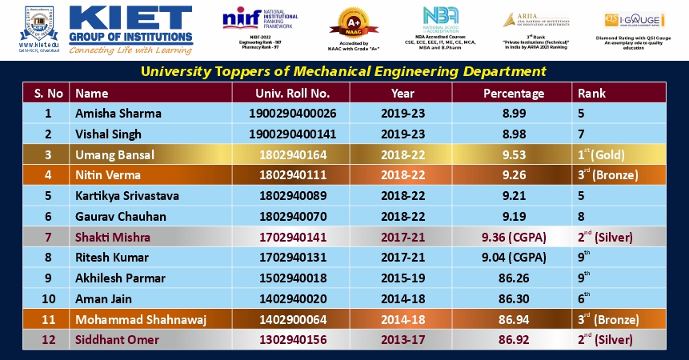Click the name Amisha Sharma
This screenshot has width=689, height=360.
coord(118,114)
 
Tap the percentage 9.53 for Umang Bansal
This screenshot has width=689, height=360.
coord(514,154)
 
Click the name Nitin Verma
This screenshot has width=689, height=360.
coord(109,175)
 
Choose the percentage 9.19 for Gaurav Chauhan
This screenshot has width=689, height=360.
coord(514,216)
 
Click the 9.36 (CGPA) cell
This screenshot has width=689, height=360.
coord(514,237)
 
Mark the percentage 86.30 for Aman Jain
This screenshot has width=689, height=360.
coord(514,299)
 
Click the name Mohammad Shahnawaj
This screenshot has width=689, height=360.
coord(141,320)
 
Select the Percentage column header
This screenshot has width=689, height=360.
coord(514,93)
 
